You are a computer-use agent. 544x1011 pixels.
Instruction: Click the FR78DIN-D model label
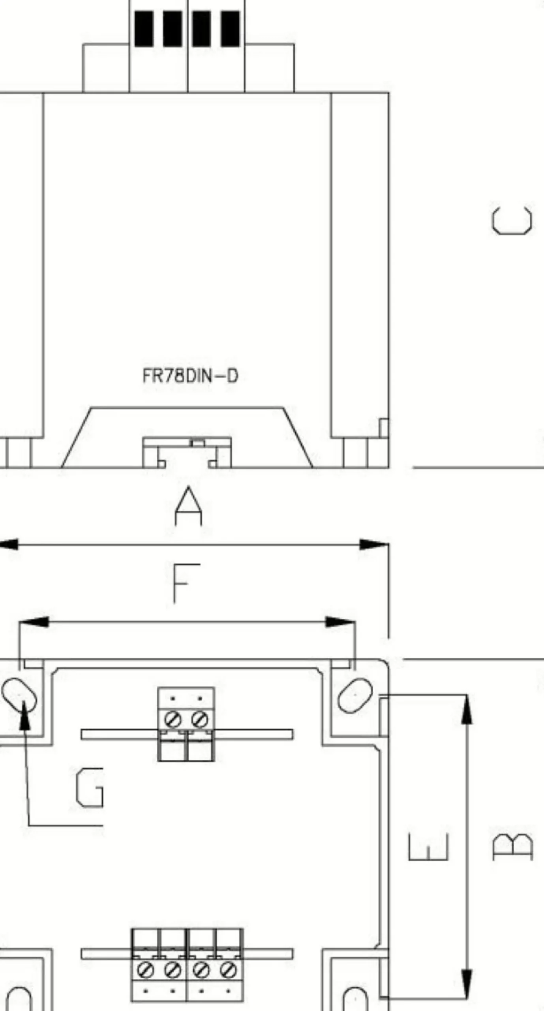[x=190, y=376]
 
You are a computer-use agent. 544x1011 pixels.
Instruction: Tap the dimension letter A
[x=188, y=506]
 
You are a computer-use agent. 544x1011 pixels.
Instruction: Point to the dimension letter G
[x=90, y=787]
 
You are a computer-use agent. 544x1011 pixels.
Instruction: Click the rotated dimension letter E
[x=428, y=846]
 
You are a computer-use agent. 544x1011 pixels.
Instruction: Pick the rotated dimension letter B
[x=513, y=847]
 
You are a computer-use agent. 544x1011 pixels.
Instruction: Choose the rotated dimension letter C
[x=512, y=221]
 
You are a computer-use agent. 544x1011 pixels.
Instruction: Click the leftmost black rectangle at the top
[x=144, y=28]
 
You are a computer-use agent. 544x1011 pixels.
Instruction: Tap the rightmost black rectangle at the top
[x=230, y=28]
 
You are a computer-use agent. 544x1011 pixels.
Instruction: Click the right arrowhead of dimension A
[x=373, y=545]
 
